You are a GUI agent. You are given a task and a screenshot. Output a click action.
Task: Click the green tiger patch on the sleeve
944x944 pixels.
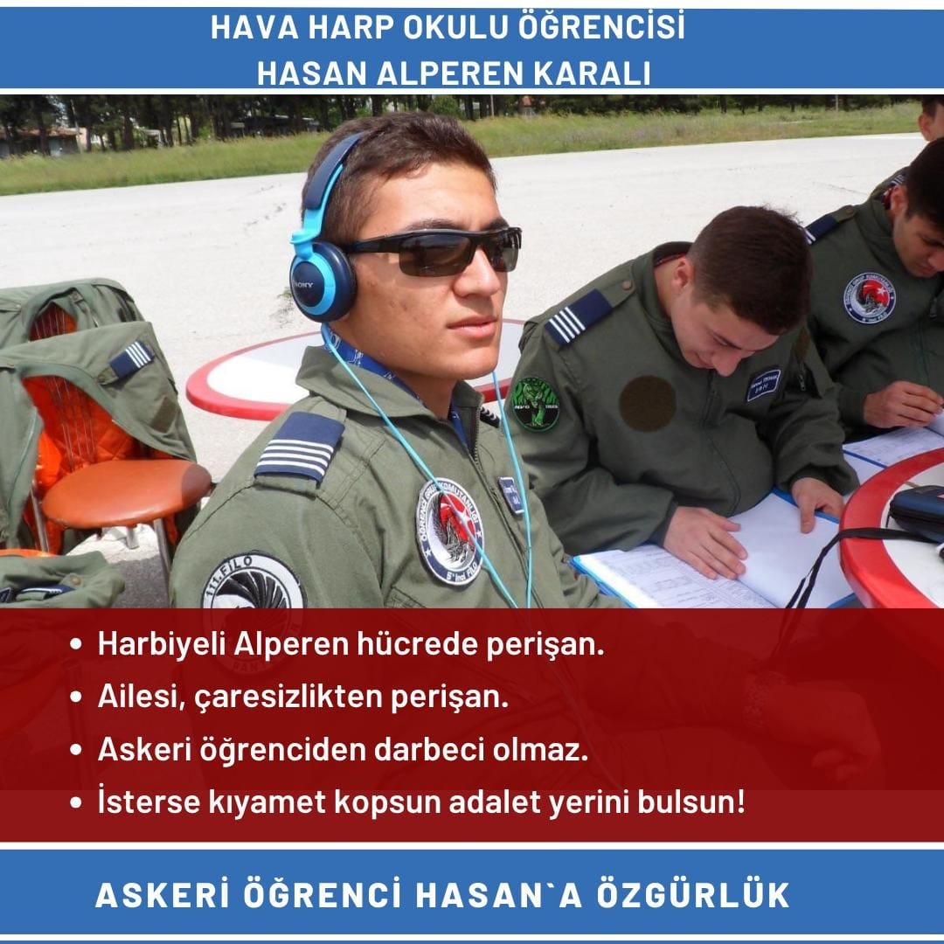(535, 404)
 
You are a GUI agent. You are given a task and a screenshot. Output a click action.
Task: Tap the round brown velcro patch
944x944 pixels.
(647, 403)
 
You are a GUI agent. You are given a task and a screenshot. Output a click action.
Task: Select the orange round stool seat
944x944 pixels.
(126, 490)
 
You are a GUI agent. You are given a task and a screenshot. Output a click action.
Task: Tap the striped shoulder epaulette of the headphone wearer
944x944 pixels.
(300, 447)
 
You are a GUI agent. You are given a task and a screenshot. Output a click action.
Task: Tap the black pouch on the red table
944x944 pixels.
(917, 510)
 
